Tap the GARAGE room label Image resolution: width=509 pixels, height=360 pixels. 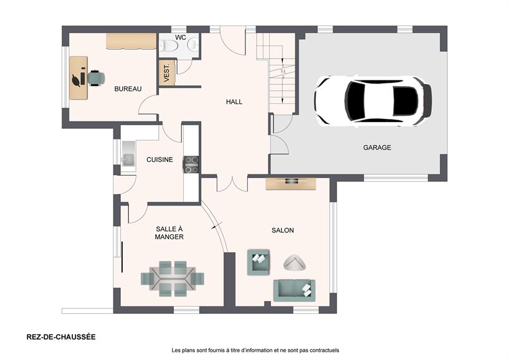[377, 148]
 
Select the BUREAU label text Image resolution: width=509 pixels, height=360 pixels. [128, 89]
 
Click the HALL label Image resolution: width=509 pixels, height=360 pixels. [234, 102]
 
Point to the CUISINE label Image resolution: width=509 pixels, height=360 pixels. [159, 160]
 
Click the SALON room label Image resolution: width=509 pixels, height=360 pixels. [282, 230]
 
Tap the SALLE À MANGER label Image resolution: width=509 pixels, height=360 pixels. [169, 233]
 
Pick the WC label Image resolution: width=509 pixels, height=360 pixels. [181, 37]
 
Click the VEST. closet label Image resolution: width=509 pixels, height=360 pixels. [167, 73]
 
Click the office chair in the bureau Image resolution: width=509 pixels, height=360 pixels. [95, 78]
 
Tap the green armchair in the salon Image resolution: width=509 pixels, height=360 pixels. [259, 262]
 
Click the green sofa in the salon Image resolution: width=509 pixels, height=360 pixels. [294, 290]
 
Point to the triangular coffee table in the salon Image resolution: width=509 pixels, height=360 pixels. [295, 263]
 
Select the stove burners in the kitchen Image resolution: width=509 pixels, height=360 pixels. [191, 164]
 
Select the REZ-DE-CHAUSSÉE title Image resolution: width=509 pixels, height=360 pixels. [61, 337]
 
